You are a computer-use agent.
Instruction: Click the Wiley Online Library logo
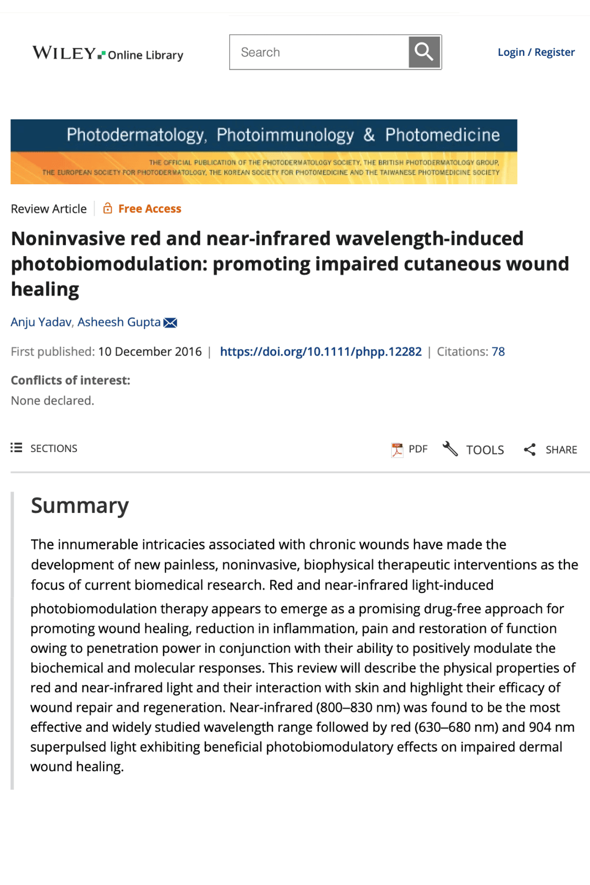tap(107, 53)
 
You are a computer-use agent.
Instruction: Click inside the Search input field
tap(319, 53)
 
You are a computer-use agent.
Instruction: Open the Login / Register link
tap(536, 52)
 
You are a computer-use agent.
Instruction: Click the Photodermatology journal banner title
tap(283, 135)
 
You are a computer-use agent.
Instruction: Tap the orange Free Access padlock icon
tap(108, 209)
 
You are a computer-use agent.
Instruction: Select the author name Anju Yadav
tap(41, 322)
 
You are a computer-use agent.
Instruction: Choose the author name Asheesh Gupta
tap(119, 322)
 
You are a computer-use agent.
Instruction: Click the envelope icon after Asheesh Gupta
tap(170, 322)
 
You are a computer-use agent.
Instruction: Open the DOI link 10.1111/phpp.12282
tap(320, 352)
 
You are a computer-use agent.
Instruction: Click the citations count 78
tap(498, 352)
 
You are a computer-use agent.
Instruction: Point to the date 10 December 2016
tap(150, 352)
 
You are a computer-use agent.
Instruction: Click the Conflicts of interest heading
tap(70, 381)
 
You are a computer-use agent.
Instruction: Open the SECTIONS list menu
tap(44, 448)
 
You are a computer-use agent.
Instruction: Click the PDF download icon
tap(397, 450)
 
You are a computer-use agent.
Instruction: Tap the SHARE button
tap(550, 450)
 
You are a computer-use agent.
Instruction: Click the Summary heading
tap(80, 506)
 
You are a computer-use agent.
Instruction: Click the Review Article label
tap(49, 209)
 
